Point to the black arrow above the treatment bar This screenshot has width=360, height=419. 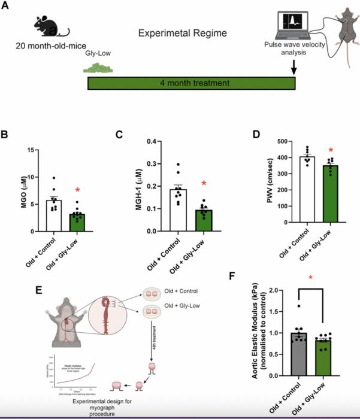(x=294, y=66)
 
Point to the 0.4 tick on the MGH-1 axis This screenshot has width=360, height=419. (x=147, y=142)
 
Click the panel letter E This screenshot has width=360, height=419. (x=39, y=291)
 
